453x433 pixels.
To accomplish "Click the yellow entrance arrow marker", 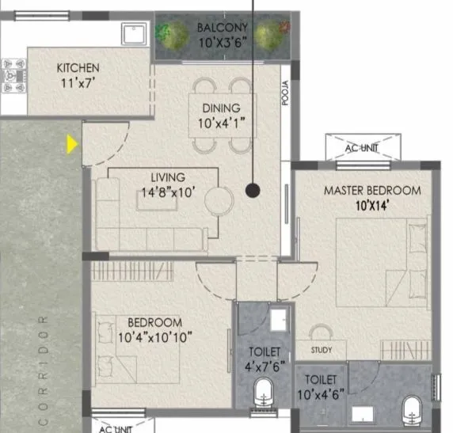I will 72,144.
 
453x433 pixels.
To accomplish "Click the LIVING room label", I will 168,177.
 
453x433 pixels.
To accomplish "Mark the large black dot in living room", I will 253,190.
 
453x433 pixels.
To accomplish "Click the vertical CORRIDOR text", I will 43,368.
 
